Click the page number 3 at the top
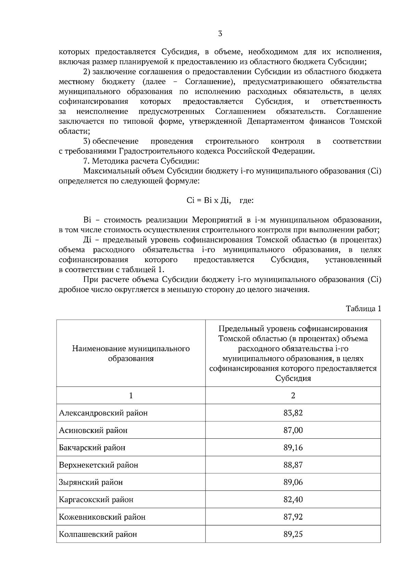coord(220,34)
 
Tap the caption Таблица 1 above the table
coord(363,308)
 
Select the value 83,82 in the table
coord(293,413)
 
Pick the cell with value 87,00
coord(293,430)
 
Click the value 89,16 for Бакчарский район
coord(293,447)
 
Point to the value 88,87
coord(293,465)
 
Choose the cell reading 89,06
coord(293,482)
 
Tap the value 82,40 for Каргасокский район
coord(293,499)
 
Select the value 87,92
coord(293,517)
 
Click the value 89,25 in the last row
coord(293,534)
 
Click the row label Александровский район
coord(103,413)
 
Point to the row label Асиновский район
coord(93,430)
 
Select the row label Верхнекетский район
coord(99,465)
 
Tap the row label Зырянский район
coord(91,482)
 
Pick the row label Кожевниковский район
coord(102,517)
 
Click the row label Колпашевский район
coord(98,534)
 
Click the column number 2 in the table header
coord(293,395)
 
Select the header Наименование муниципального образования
coord(131,353)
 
